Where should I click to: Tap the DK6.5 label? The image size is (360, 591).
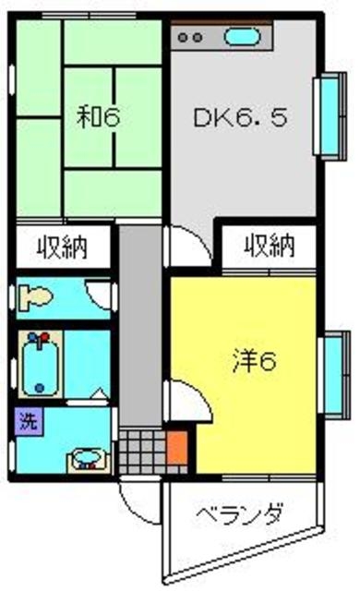[232, 117]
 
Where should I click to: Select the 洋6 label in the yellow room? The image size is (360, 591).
[254, 362]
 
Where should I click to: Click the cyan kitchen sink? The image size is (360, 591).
[242, 39]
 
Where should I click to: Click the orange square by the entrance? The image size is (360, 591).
[177, 447]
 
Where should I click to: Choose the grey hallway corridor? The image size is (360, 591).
[139, 323]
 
